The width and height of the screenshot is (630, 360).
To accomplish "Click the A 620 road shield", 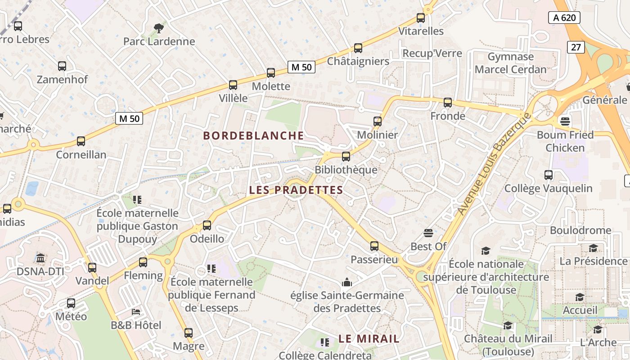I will click(564, 18).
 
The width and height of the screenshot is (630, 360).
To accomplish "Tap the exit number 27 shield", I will click(576, 47).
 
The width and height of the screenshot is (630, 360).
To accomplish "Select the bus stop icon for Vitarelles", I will click(421, 18).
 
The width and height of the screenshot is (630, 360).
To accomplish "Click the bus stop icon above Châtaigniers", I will click(358, 48).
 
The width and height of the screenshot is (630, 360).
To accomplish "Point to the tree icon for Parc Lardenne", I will click(159, 28).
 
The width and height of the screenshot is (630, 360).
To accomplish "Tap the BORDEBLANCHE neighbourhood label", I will click(254, 135).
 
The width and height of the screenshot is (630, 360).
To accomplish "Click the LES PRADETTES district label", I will click(296, 190).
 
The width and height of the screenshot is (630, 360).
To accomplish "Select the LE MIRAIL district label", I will click(369, 339).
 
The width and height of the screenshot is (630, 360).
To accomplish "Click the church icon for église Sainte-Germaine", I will click(347, 283).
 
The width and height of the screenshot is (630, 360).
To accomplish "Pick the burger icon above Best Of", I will click(428, 233).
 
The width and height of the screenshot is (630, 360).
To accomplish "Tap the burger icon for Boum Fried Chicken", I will click(565, 121).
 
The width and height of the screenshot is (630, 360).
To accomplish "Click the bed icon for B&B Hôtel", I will click(136, 311).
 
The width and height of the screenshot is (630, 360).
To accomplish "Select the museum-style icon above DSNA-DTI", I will click(40, 258).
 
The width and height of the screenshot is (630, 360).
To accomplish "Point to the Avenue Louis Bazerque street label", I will click(494, 164).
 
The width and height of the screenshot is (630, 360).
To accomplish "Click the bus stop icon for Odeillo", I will click(207, 225).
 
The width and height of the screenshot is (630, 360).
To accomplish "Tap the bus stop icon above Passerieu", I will click(374, 246).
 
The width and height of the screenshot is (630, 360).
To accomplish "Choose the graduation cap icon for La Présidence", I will click(594, 248).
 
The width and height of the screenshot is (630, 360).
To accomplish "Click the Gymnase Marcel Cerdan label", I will click(510, 63).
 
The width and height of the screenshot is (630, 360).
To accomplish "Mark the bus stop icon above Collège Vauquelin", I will click(549, 175).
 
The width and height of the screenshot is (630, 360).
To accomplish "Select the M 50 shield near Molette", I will click(301, 67).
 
